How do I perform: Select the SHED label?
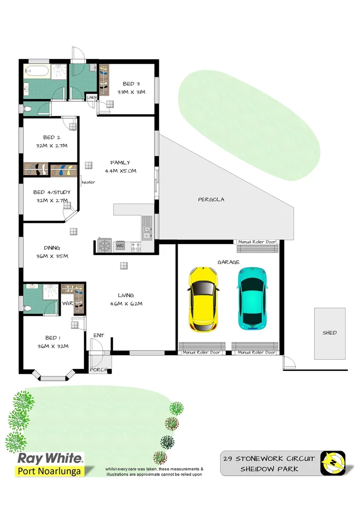click(x=330, y=333)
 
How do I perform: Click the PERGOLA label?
click(x=211, y=199)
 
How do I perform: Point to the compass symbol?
click(x=333, y=463)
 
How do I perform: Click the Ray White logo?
click(x=50, y=459)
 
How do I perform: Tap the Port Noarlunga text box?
click(x=49, y=471)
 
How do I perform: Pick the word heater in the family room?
click(x=88, y=182)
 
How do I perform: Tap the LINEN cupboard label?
click(x=91, y=98)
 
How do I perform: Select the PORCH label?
click(x=99, y=369)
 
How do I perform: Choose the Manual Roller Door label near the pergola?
click(x=257, y=242)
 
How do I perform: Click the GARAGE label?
click(x=228, y=262)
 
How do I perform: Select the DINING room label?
click(x=52, y=248)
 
